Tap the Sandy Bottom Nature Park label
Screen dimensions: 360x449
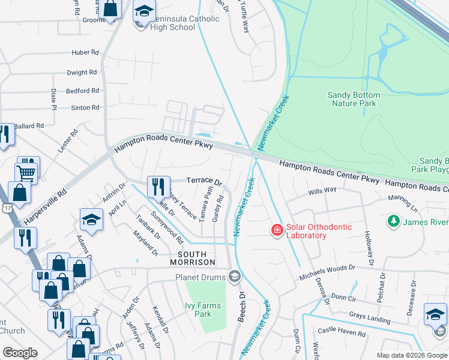click(x=354, y=99)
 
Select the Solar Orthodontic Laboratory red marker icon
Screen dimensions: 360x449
click(x=277, y=230)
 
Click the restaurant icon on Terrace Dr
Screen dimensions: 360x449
click(x=157, y=186)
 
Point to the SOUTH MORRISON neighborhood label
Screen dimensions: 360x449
click(x=192, y=258)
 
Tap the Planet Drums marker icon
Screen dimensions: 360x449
click(x=235, y=277)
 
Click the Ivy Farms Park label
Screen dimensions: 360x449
click(x=203, y=310)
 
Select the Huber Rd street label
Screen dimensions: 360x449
click(x=85, y=53)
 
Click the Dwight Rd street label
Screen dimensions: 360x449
click(x=82, y=73)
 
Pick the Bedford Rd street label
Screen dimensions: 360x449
click(x=82, y=91)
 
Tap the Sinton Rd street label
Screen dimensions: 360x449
click(x=85, y=108)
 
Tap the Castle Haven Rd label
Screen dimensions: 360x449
click(x=342, y=332)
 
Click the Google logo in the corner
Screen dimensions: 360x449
click(x=20, y=353)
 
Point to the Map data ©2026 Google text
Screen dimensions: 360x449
click(x=412, y=355)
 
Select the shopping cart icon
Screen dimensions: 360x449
click(x=26, y=173)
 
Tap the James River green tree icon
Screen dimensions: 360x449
click(x=393, y=222)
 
